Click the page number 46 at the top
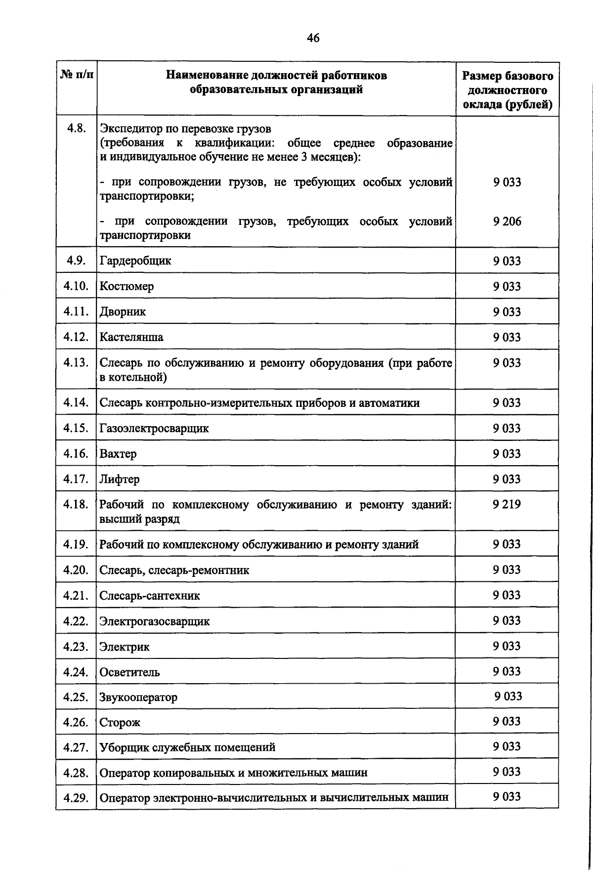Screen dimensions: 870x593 coord(313,38)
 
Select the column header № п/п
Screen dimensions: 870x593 coord(77,76)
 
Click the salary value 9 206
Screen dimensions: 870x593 coord(507,221)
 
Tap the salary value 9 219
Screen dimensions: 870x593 coord(507,504)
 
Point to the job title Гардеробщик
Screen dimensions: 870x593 coord(135,261)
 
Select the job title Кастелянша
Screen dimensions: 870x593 coord(131,337)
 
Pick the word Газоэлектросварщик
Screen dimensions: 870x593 coord(154,428)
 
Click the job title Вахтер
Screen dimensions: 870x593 coord(118,454)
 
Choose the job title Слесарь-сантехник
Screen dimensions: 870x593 coord(150,596)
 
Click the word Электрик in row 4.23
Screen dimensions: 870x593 coord(125,647)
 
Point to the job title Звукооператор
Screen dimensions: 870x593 coord(138,697)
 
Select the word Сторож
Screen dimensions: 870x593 coord(120,723)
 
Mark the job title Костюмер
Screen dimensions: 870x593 coord(127,286)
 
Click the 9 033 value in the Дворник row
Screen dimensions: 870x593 coord(507,311)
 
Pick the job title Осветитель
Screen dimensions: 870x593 coord(129,672)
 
